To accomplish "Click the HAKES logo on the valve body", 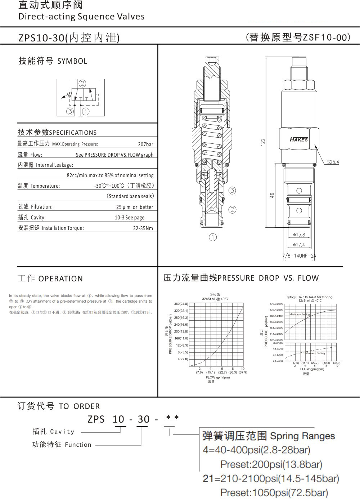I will pos(299,139).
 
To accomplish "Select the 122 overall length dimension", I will pos(263,142).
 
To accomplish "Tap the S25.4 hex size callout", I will pos(333,162).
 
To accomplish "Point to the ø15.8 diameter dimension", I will pos(299,235).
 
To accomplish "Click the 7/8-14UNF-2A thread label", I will pos(299,256).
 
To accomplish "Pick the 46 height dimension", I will pos(273,195).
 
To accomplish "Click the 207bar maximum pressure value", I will pos(145,144).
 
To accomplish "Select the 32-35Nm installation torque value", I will pos(143,228).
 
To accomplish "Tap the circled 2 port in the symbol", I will pos(82,84).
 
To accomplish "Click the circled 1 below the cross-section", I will pos(213,237).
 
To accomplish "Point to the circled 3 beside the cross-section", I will pos(232,191).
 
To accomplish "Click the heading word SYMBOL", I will pos(72,61).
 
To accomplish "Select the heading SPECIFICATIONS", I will pos(73,133).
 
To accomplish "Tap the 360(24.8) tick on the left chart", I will pos(181,304).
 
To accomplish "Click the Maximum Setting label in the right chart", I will pos(300,315).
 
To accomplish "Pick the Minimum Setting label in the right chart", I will pos(315,353).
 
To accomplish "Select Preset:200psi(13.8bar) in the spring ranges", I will pos(271,464).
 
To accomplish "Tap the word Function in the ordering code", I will pos(78,445).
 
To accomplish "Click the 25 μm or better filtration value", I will pos(135,207).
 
